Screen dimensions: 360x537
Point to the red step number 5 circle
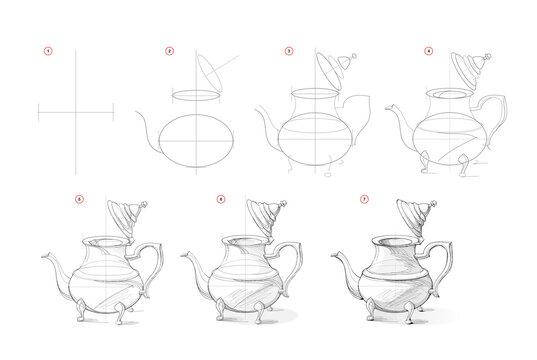[79, 199]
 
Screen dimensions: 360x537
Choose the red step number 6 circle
[221, 199]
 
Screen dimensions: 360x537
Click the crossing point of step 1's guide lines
[75, 113]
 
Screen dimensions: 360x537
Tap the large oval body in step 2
[195, 140]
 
